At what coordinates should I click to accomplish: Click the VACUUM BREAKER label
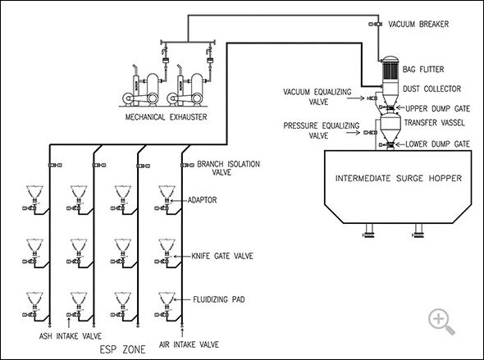click(418, 24)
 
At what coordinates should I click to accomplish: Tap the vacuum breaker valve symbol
click(376, 24)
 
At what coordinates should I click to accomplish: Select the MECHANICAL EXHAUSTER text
click(166, 117)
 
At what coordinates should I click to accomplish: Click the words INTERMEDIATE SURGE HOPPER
click(399, 178)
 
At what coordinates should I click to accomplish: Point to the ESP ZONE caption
click(122, 349)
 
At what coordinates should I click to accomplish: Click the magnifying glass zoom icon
click(441, 321)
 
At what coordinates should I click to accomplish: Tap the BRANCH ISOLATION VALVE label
click(228, 168)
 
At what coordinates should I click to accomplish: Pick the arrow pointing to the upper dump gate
click(400, 107)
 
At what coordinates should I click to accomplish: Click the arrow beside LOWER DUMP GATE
click(400, 144)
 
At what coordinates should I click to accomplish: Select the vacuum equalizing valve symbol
click(372, 98)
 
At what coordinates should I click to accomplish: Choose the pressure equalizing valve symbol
click(370, 132)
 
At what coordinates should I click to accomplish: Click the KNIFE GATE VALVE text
click(222, 256)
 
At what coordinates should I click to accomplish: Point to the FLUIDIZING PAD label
click(218, 299)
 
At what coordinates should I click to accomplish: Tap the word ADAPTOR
click(202, 200)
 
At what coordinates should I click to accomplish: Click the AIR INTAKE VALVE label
click(189, 344)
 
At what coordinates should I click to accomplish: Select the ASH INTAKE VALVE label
click(70, 335)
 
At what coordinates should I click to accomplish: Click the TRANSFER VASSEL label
click(434, 122)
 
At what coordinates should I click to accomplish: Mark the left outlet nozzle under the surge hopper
click(369, 230)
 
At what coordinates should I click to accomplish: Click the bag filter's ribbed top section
click(390, 71)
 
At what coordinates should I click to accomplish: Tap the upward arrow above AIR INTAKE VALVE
click(182, 333)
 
